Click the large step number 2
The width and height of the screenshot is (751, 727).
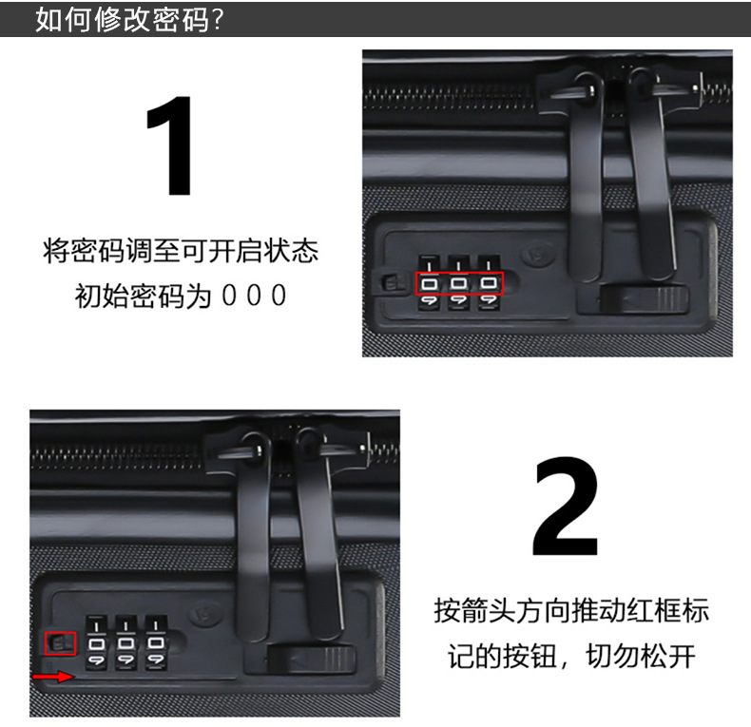coord(566,506)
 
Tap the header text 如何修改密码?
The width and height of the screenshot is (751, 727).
coord(129,20)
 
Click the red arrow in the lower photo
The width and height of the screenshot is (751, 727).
coord(52,677)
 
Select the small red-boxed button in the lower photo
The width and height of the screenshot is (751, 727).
coord(60,643)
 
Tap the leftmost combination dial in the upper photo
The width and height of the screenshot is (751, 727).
coord(430,283)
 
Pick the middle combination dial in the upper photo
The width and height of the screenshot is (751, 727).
coord(459,283)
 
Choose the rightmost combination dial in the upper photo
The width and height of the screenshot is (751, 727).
coord(489,283)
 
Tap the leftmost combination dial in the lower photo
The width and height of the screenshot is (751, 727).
coord(97,642)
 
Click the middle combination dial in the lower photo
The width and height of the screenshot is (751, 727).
coord(126,642)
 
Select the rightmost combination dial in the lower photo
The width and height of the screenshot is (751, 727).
coord(156,642)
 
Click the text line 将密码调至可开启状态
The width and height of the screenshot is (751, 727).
coord(181,251)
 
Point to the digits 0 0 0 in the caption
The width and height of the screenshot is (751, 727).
coord(255,295)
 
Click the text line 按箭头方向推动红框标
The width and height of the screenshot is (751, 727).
coord(571,611)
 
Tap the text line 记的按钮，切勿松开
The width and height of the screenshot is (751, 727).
coord(571,656)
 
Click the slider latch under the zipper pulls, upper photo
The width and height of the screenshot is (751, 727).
coord(644,298)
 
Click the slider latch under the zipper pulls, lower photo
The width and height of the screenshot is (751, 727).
coord(311,660)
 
